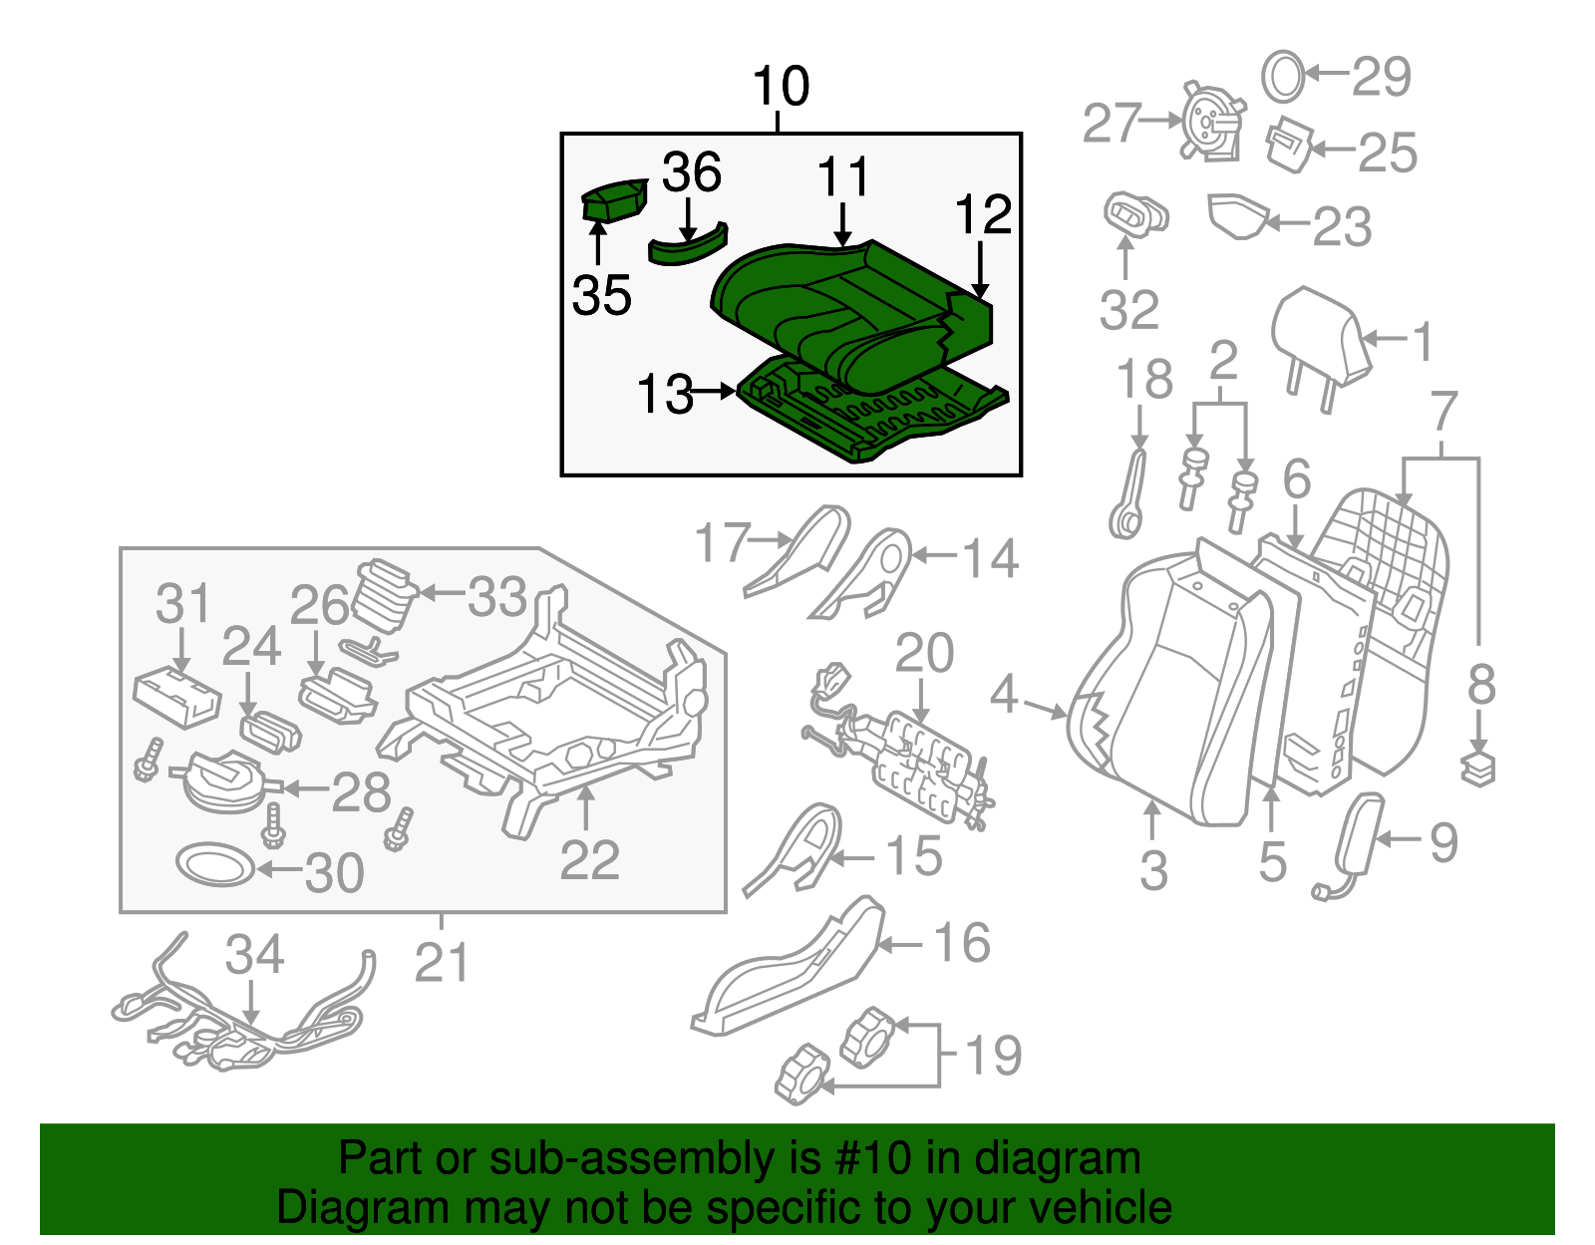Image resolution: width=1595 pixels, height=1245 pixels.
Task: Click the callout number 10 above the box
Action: point(781,87)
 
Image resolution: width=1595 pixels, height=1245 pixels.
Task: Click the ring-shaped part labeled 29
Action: point(1283,76)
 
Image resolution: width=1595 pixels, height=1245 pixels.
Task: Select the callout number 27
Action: point(1111,123)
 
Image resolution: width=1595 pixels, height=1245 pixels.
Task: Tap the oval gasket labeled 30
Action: point(215,864)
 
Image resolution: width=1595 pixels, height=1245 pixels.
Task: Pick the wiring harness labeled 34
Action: point(239,1027)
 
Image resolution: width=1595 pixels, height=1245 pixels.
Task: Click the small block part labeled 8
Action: point(1478,769)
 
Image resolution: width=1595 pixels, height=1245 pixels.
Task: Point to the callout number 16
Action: point(961,943)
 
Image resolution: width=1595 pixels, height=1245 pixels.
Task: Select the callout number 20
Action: point(924,654)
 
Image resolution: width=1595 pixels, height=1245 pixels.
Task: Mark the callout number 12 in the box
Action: point(983,215)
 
